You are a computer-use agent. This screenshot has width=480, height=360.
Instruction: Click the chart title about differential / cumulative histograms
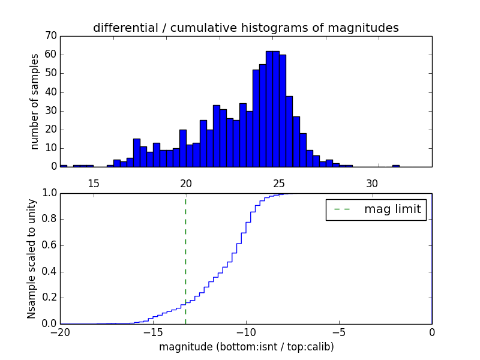click(x=245, y=28)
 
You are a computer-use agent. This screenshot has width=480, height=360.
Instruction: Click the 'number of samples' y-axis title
click(x=35, y=101)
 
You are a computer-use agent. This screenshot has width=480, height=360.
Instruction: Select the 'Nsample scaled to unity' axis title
click(x=32, y=258)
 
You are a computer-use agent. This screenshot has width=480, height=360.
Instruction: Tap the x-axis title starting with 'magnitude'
click(x=246, y=347)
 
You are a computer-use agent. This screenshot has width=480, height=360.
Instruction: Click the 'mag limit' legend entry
click(x=376, y=209)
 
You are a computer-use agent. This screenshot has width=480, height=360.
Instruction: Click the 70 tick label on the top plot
click(x=50, y=36)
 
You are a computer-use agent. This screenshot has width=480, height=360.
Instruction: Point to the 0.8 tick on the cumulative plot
click(x=49, y=219)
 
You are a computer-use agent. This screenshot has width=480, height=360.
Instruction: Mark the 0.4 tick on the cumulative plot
click(x=49, y=272)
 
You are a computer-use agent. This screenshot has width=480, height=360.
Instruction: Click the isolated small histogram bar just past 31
click(x=396, y=166)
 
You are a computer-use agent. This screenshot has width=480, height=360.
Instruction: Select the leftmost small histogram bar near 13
click(x=64, y=166)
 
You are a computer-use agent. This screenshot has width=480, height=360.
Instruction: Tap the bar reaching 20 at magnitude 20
click(x=182, y=148)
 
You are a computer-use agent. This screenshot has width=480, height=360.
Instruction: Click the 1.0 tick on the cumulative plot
click(x=49, y=193)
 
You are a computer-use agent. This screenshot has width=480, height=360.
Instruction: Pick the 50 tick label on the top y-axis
click(x=50, y=73)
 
